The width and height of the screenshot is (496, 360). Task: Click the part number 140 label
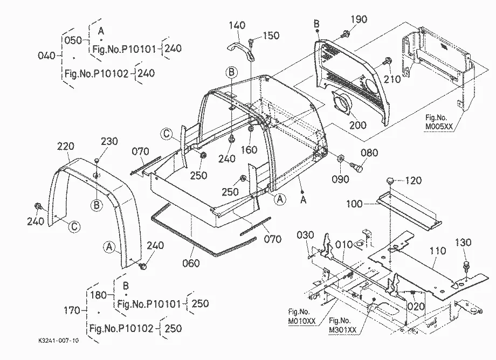pos(237,25)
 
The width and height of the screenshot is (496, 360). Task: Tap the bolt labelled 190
pos(346,33)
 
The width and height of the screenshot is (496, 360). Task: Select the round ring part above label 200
pos(341,103)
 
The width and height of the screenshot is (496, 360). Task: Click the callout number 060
pos(191,263)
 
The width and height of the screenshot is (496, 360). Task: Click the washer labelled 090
pos(341,158)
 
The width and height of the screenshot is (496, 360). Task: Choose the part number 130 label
pos(463,243)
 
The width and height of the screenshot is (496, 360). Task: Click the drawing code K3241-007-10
pos(59,341)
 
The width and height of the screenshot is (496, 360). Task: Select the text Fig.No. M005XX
pos(439,122)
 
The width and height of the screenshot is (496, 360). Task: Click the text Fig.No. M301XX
pos(342,325)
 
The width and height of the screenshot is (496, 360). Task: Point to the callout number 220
pos(66,147)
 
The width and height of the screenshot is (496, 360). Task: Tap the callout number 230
pos(109,141)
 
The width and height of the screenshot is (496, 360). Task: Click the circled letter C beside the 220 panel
pos(74,227)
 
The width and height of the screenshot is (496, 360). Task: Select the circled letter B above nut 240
pos(231,72)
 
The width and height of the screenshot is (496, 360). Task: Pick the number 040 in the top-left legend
pos(47,56)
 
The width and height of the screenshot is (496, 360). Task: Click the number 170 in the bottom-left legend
pos(72,310)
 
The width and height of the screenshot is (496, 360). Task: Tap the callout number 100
pos(354,204)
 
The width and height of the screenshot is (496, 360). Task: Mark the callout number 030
pos(305,235)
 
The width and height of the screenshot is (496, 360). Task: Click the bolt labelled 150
pos(251,42)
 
